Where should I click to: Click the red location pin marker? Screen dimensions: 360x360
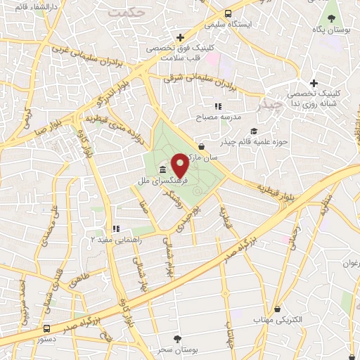tap(179, 165)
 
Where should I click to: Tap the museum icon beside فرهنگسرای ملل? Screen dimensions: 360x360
tap(163, 171)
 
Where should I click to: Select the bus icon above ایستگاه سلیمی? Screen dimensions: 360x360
tap(227, 13)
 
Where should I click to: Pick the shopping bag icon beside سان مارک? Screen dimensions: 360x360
tap(202, 147)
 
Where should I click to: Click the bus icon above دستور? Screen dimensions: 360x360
tap(46, 328)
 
